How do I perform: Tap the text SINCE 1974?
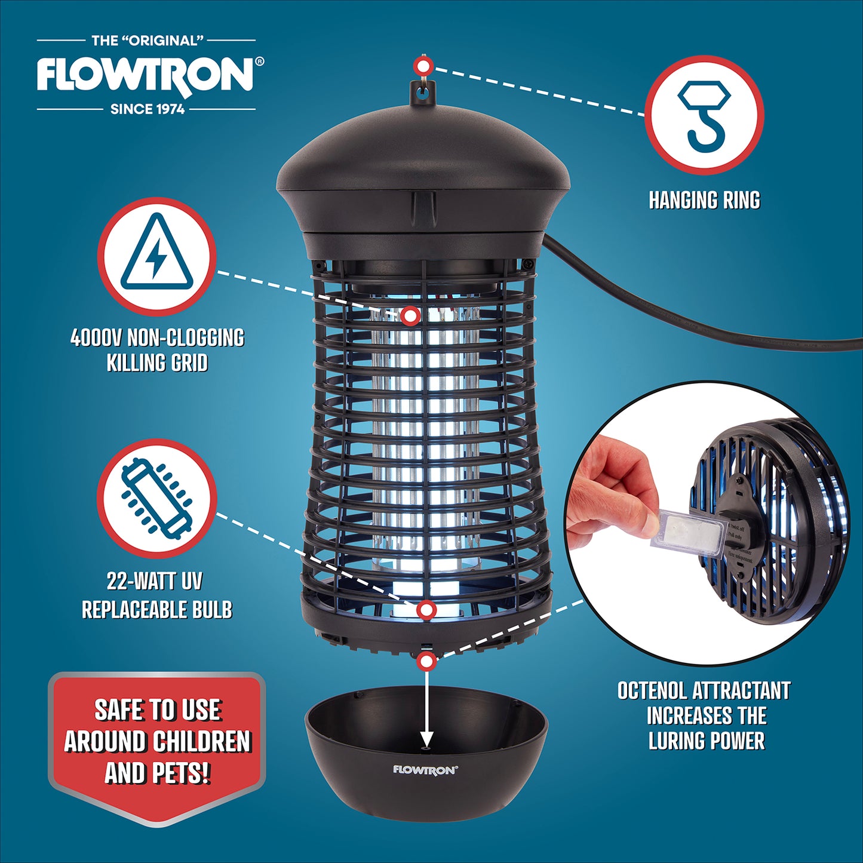pyautogui.click(x=148, y=109)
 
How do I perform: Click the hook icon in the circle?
pyautogui.click(x=704, y=115)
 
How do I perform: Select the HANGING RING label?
pyautogui.click(x=704, y=201)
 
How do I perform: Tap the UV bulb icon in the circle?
pyautogui.click(x=156, y=498)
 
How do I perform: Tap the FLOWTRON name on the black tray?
pyautogui.click(x=425, y=770)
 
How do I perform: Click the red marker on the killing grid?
pyautogui.click(x=410, y=315)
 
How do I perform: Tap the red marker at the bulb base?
pyautogui.click(x=426, y=610)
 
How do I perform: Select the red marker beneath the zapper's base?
pyautogui.click(x=426, y=661)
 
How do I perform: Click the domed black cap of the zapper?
pyautogui.click(x=423, y=161)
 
